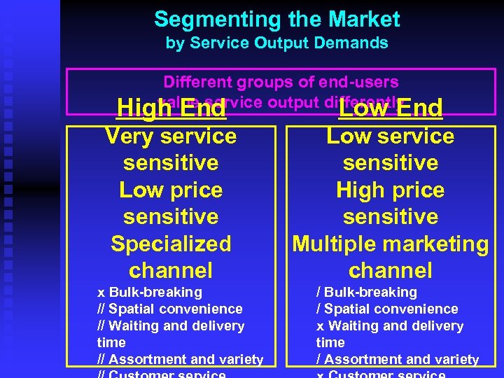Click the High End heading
tap(171, 108)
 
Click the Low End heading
tap(391, 108)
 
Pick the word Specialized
tap(171, 244)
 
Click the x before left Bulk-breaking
tap(101, 293)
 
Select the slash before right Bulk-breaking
tap(318, 293)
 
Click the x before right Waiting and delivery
tap(320, 326)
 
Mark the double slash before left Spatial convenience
tap(102, 309)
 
